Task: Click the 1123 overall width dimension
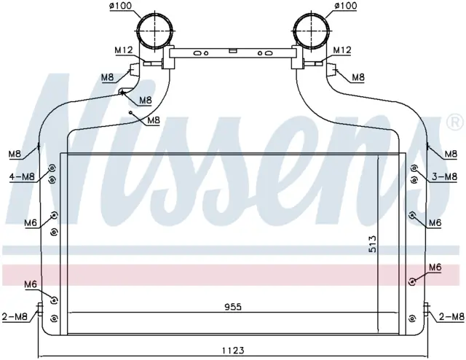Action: point(233,351)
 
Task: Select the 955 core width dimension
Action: point(233,307)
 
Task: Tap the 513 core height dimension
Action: point(372,244)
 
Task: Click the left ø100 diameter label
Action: point(121,6)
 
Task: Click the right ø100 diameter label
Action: point(346,6)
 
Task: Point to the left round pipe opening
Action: point(155,31)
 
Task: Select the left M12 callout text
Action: point(124,50)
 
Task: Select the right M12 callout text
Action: point(342,50)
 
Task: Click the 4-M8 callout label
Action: point(23,177)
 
